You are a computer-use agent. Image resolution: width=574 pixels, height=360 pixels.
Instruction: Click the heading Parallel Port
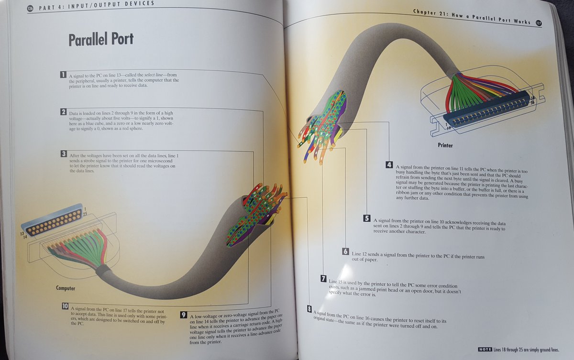(100, 40)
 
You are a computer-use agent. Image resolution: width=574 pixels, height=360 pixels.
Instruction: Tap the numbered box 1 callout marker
(63, 75)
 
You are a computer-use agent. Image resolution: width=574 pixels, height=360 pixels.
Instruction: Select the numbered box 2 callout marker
(63, 112)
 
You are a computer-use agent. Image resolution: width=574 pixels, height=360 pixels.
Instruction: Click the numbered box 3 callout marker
(63, 154)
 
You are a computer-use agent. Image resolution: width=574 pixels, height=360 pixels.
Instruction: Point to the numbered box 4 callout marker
(390, 165)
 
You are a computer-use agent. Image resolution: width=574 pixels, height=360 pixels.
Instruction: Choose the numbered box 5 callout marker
(367, 219)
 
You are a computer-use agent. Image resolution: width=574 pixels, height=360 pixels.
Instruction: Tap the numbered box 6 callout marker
(345, 251)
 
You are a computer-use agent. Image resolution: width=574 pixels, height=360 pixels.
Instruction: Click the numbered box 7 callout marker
(323, 278)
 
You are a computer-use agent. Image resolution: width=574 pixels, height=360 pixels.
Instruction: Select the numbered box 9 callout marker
(183, 315)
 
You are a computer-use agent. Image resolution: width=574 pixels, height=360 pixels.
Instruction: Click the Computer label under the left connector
(66, 289)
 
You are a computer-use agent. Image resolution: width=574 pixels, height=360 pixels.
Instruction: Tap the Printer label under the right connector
(445, 144)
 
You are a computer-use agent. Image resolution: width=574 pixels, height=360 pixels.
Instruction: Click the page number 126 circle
(30, 8)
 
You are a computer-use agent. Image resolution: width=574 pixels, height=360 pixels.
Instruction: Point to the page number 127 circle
(539, 22)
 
